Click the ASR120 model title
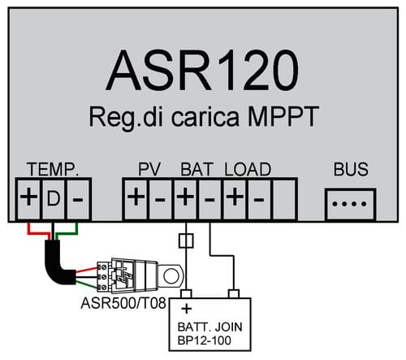point(202,71)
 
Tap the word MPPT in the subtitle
point(283,117)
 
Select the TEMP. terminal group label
point(53,170)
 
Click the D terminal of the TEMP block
point(54,199)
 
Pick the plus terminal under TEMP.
point(28,199)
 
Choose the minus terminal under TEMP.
point(78,199)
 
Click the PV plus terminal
point(136,199)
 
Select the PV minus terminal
point(160,199)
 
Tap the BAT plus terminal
point(185,199)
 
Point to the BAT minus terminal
point(209,199)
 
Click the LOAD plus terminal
point(235,199)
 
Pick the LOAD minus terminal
point(259,199)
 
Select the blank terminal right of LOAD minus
point(284,199)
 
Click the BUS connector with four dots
point(351,204)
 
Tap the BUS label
point(351,169)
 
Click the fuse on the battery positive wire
point(186,241)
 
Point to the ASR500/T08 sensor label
point(123,303)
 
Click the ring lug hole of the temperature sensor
point(171,276)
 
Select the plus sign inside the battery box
point(187,309)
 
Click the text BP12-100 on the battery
point(205,340)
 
